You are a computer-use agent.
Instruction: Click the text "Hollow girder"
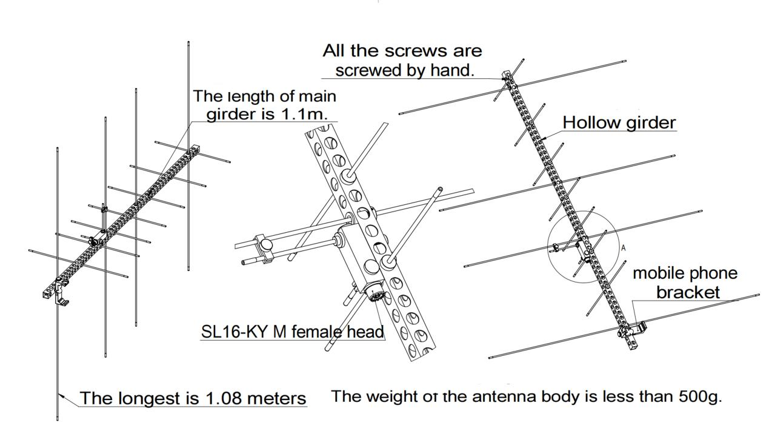[x=619, y=122]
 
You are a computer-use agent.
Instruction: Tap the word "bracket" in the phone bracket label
[x=688, y=292]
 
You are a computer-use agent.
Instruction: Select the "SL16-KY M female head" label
[x=293, y=332]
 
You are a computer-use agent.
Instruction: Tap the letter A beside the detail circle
[x=624, y=248]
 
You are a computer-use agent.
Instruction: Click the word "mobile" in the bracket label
[x=656, y=273]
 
